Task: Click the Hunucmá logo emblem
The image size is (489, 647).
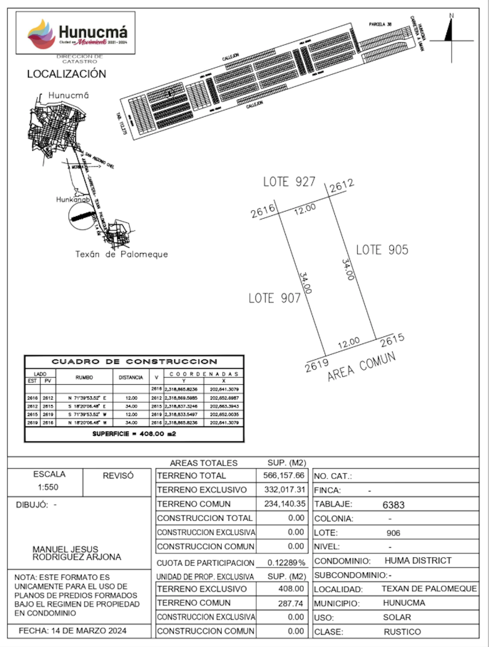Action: [42, 34]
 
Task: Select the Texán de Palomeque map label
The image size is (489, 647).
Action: [121, 254]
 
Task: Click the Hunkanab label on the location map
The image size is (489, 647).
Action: [73, 199]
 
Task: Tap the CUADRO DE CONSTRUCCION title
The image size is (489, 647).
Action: [134, 361]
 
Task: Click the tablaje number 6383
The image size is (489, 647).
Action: [393, 505]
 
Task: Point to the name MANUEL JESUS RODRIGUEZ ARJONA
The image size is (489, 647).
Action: [77, 553]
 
